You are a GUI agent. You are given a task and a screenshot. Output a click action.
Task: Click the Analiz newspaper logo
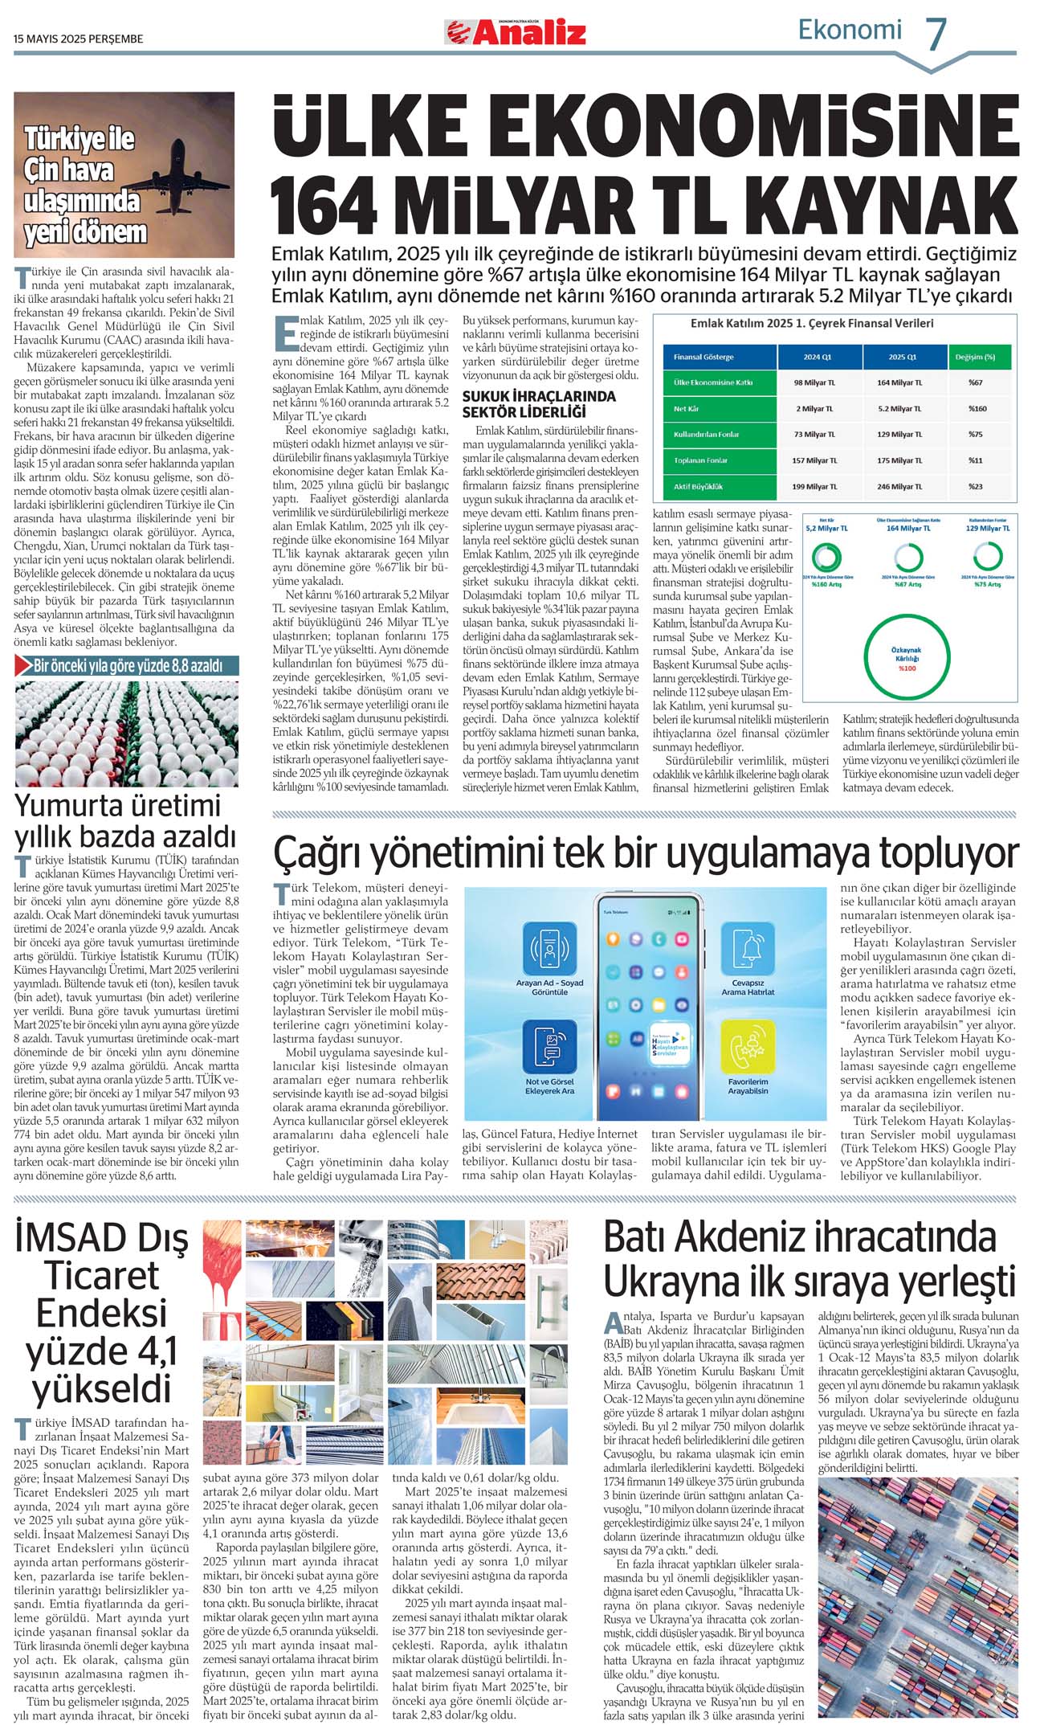tap(516, 31)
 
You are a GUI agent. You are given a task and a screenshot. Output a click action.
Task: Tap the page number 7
tap(936, 34)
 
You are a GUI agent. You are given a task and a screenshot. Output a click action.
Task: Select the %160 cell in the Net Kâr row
tap(977, 409)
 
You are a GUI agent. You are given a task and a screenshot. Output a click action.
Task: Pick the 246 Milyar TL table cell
tap(899, 487)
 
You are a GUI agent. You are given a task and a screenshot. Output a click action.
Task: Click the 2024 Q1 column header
tap(818, 357)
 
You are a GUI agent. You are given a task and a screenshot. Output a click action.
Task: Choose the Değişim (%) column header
tap(977, 357)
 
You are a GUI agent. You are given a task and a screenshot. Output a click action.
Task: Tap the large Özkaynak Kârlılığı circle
tap(907, 659)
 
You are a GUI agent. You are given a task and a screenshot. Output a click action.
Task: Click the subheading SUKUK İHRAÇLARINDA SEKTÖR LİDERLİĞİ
tap(539, 404)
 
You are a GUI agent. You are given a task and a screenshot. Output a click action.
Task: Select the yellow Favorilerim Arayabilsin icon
tap(748, 1047)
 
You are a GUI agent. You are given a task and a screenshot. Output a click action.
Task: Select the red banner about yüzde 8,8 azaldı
tap(127, 666)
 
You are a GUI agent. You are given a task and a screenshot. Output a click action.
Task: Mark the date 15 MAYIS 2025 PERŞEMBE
tap(78, 39)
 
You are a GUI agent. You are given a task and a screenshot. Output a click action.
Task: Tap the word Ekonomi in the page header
tap(850, 31)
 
